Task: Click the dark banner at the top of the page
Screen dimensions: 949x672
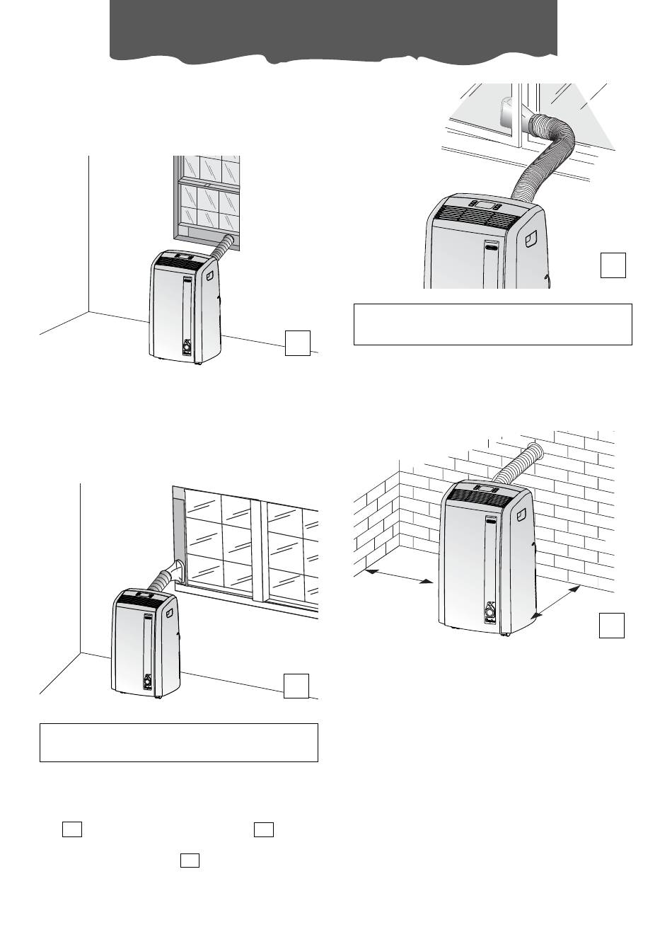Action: click(333, 28)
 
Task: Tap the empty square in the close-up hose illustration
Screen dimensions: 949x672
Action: click(613, 265)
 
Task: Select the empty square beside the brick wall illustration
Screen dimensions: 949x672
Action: click(612, 625)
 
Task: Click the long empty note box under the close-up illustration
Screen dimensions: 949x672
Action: click(492, 324)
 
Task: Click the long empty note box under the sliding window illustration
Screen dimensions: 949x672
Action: click(179, 742)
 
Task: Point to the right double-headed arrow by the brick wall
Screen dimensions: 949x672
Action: click(556, 602)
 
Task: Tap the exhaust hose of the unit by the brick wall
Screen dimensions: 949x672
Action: click(518, 466)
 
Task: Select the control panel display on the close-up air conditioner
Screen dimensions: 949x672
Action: click(485, 206)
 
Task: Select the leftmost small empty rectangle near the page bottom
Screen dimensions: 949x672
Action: click(72, 829)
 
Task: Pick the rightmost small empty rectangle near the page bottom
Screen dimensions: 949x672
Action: click(264, 829)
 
